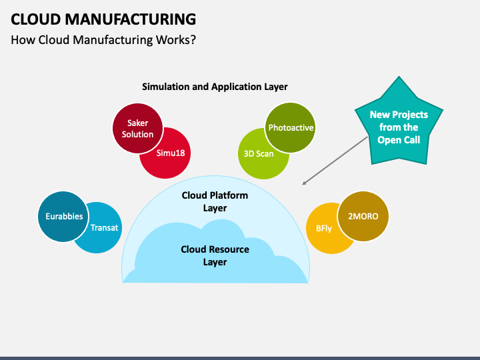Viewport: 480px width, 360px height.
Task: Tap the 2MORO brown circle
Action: pyautogui.click(x=363, y=216)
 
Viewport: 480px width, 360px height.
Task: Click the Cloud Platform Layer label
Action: pyautogui.click(x=215, y=201)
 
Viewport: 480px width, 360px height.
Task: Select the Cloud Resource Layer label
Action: pyautogui.click(x=215, y=255)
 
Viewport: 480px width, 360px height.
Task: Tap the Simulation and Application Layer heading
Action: pyautogui.click(x=215, y=87)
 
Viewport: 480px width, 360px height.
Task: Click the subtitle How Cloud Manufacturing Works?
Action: pyautogui.click(x=103, y=39)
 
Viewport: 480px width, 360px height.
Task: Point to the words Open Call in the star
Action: pyautogui.click(x=399, y=139)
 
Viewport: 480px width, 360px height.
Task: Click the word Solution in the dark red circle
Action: pyautogui.click(x=137, y=134)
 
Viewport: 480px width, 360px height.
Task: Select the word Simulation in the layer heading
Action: pyautogui.click(x=165, y=87)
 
